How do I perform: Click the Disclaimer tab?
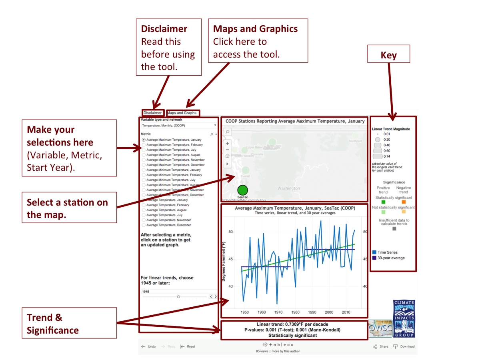[x=152, y=113]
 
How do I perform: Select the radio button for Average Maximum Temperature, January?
[x=144, y=140]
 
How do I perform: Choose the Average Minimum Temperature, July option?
[x=144, y=180]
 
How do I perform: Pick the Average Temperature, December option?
[x=144, y=225]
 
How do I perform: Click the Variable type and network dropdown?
[x=179, y=125]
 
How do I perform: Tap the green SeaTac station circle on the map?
[x=243, y=190]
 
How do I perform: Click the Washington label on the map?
[x=288, y=188]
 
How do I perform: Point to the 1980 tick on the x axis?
[x=295, y=312]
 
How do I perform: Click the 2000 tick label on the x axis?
[x=329, y=312]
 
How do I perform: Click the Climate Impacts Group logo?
[x=404, y=318]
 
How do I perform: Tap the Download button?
[x=404, y=346]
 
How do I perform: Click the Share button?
[x=380, y=346]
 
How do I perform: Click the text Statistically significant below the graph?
[x=292, y=335]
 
